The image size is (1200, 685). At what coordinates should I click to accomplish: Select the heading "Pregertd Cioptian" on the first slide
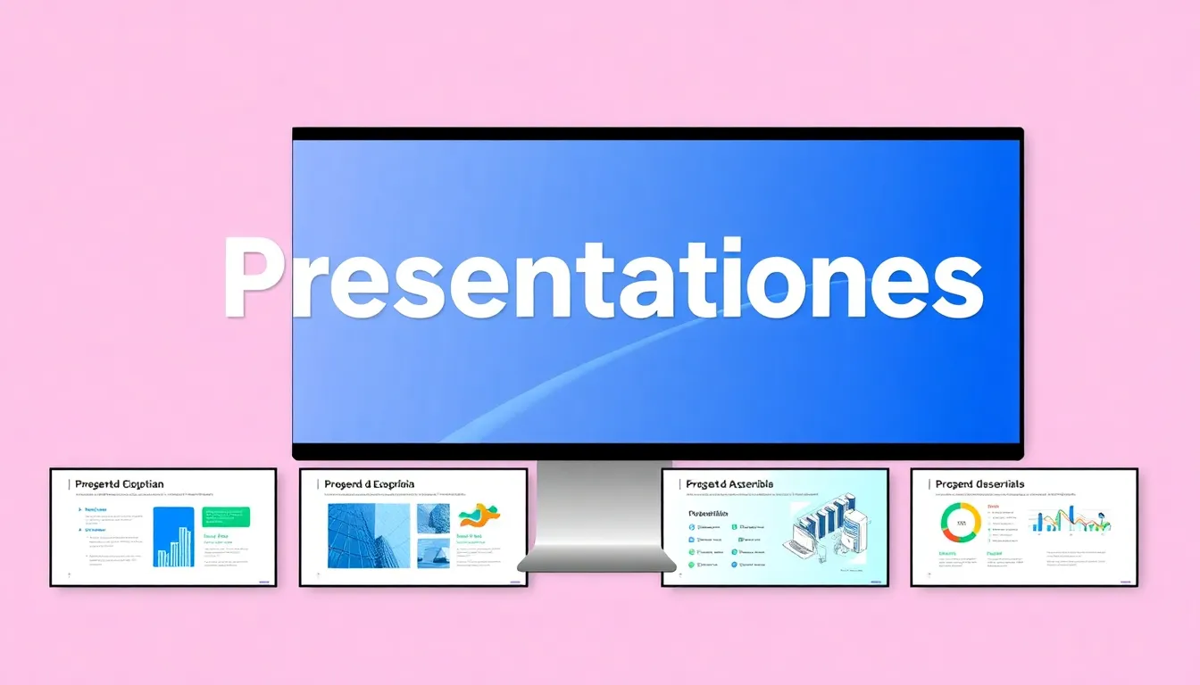tap(120, 484)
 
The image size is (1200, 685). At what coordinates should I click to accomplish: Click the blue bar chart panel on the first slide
tap(173, 537)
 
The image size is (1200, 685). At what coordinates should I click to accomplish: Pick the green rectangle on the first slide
tap(227, 517)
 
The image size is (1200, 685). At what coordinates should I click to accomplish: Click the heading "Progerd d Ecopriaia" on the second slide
tap(370, 484)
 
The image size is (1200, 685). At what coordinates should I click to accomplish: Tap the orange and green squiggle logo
tap(479, 516)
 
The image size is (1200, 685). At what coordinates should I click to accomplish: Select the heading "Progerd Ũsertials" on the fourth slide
tap(980, 484)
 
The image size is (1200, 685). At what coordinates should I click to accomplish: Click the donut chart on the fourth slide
tap(961, 522)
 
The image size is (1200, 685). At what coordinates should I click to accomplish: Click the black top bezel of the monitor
tap(657, 134)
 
